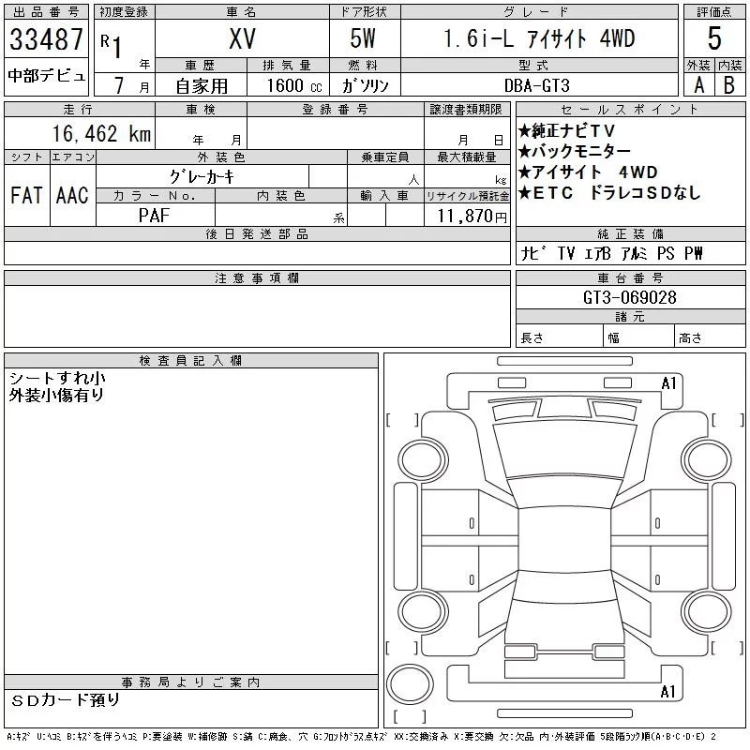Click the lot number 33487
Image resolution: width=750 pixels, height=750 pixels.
coord(46,38)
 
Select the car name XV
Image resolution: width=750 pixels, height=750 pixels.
coord(242,38)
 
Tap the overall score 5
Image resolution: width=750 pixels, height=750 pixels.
coord(714,38)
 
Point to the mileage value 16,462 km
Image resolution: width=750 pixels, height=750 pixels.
coord(101,133)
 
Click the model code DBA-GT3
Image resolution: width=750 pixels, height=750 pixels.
coord(536,85)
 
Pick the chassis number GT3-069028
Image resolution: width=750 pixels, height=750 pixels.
coord(629,297)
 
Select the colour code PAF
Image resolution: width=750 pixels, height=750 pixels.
coord(154,216)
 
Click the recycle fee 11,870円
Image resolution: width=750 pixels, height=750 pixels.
coord(472,217)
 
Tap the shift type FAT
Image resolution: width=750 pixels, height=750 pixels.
coord(26,195)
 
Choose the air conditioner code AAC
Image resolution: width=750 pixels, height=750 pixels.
coord(72,195)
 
